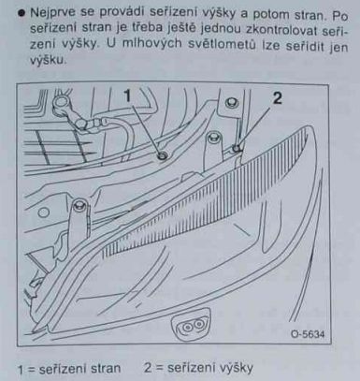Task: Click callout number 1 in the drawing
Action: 128,96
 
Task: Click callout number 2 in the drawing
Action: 277,98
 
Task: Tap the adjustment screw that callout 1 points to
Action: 163,155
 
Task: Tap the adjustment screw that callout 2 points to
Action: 237,147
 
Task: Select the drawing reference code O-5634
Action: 308,334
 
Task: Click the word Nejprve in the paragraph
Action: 52,13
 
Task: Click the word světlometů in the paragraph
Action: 223,45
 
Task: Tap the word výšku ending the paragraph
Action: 48,59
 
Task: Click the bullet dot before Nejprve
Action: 22,14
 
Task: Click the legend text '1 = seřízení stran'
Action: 69,369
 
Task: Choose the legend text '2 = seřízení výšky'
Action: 198,368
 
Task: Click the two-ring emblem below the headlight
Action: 190,326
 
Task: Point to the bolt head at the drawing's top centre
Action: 232,102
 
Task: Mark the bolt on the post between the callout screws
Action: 213,137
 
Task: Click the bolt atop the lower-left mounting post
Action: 79,205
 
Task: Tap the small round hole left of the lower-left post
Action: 44,212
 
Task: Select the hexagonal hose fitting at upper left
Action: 81,124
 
